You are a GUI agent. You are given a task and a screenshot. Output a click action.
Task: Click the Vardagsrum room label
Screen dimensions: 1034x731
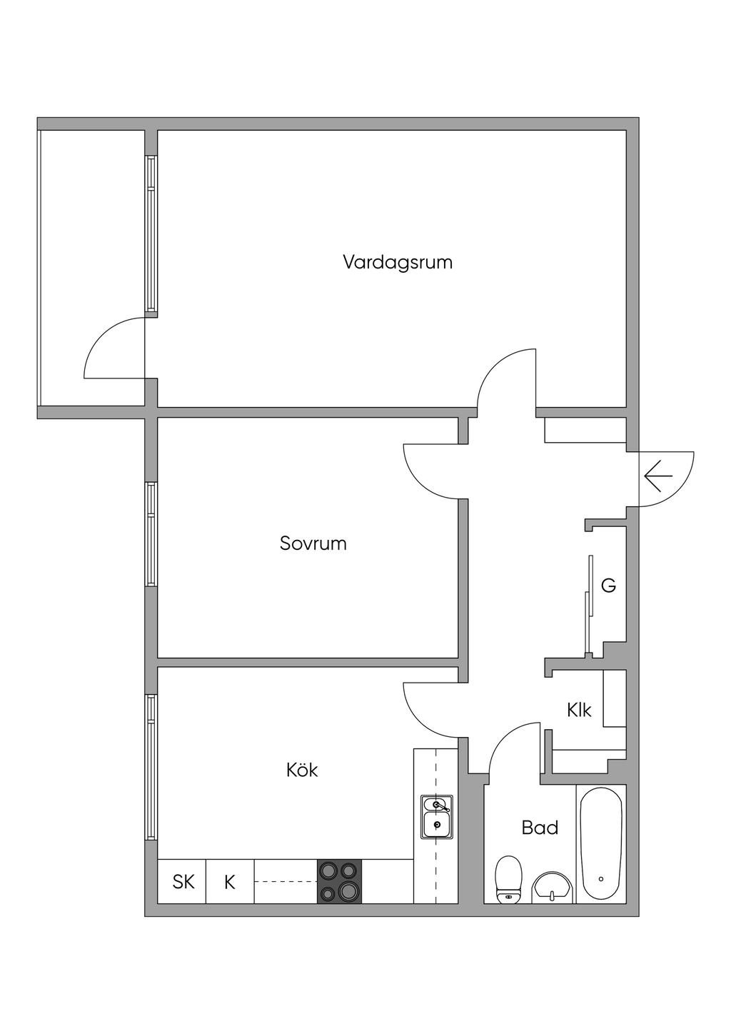click(x=398, y=262)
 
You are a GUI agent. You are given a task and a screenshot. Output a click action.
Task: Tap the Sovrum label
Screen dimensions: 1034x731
click(x=313, y=543)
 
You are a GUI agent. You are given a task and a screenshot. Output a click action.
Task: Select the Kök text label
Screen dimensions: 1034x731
click(x=302, y=771)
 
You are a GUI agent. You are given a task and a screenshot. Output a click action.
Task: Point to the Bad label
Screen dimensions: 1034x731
click(x=540, y=828)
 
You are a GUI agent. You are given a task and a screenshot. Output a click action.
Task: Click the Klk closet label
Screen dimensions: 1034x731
click(x=579, y=711)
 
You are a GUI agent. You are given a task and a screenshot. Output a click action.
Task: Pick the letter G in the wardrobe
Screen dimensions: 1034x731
click(x=608, y=586)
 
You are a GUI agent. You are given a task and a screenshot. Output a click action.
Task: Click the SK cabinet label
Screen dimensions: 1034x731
click(x=183, y=882)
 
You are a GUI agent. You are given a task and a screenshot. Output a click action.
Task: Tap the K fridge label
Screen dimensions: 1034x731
click(x=230, y=882)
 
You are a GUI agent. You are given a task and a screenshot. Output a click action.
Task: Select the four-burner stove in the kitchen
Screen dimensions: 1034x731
click(x=339, y=881)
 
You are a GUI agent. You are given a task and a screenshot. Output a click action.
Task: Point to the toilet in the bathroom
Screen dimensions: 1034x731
click(x=508, y=879)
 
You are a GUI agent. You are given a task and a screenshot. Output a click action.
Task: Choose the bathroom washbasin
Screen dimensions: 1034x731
click(x=553, y=885)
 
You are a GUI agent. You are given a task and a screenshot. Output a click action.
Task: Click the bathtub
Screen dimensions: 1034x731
click(x=601, y=843)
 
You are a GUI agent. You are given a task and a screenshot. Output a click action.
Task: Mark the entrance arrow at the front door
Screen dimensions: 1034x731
click(x=658, y=475)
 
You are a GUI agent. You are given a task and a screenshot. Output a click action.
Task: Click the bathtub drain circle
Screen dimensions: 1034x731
click(x=601, y=879)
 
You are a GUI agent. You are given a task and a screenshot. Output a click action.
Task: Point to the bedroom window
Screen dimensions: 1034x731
click(x=151, y=534)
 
